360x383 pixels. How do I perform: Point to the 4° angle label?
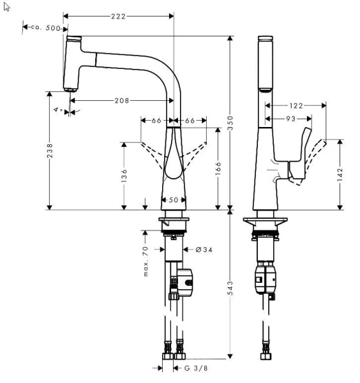coord(58,110)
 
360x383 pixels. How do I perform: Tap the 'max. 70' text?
coord(146,260)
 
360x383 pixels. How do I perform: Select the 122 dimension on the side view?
coord(295,105)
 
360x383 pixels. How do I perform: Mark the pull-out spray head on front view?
coord(73,64)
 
